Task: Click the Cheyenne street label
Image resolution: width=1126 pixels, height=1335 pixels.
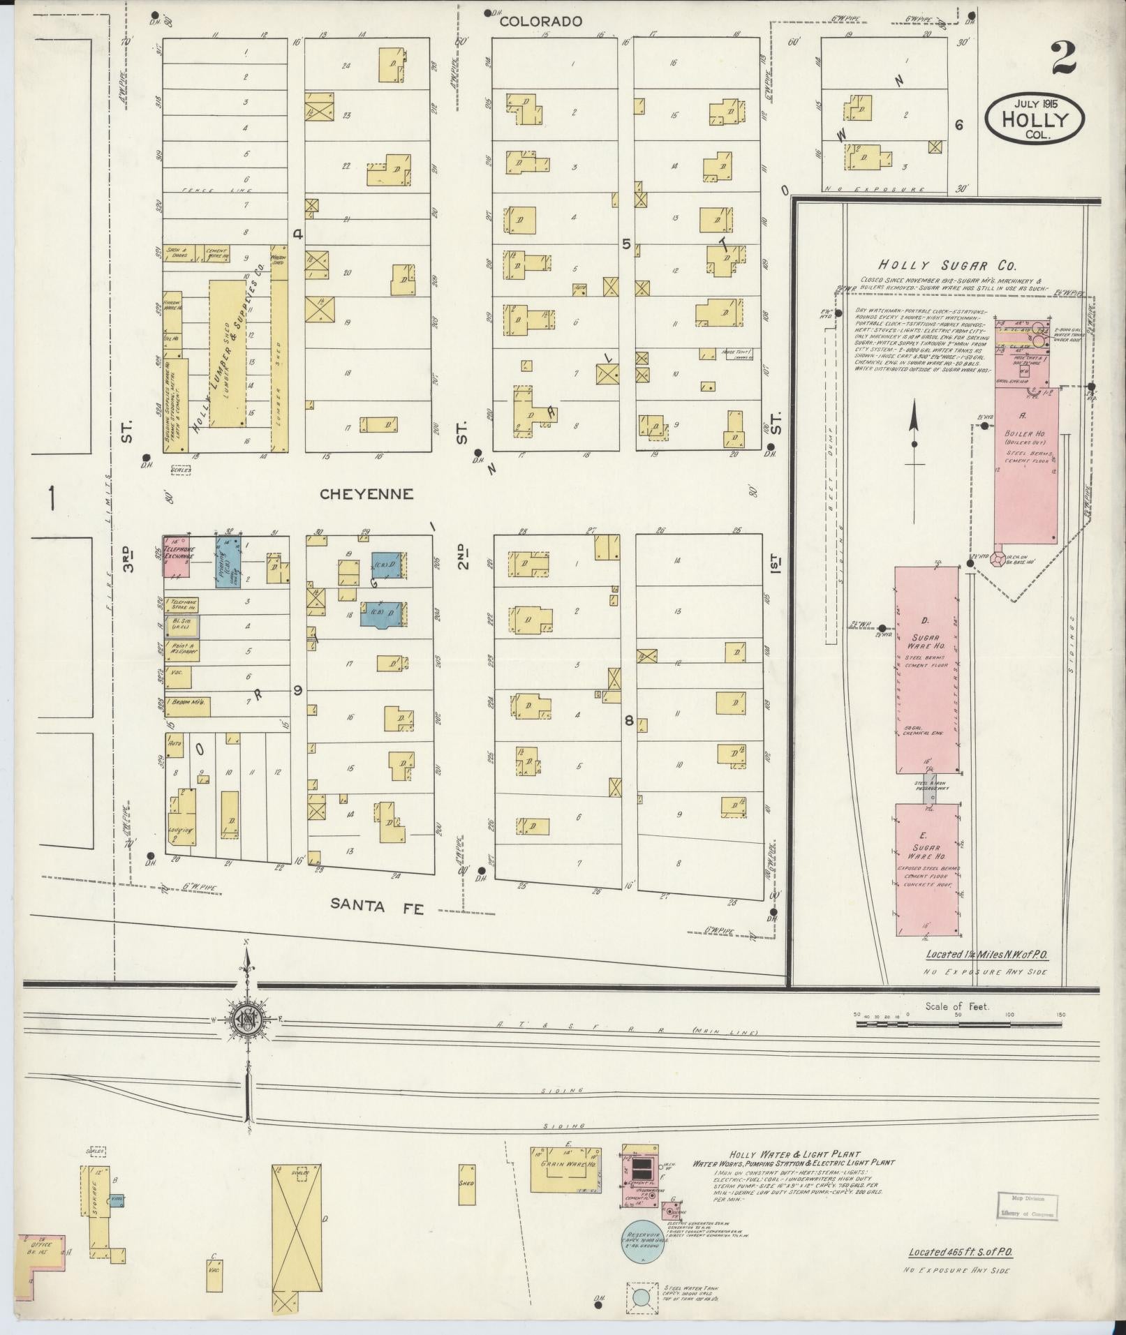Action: pos(366,494)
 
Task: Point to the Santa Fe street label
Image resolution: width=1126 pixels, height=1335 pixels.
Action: pos(377,904)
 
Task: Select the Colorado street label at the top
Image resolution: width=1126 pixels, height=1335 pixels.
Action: pos(541,22)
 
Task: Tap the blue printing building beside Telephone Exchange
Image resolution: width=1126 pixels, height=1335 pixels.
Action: pos(228,562)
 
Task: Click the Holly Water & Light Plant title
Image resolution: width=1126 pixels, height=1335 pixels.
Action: pos(794,1154)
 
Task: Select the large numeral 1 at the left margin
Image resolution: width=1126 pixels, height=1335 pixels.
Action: pos(52,498)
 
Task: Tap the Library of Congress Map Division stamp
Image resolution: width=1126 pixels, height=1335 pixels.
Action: pos(1026,1205)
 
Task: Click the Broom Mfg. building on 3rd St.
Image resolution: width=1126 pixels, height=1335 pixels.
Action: pos(187,706)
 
